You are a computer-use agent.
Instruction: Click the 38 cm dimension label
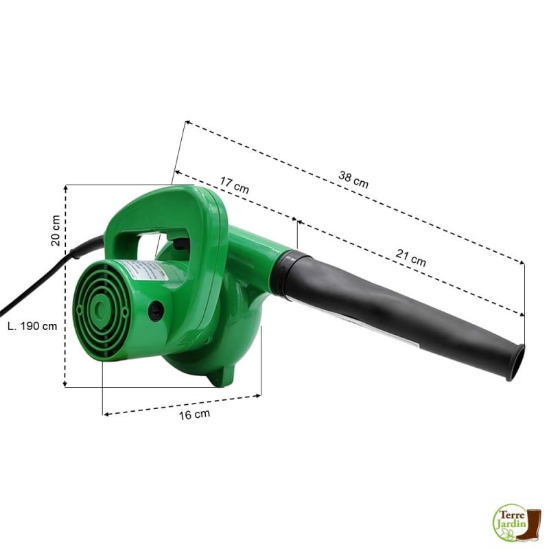(353, 179)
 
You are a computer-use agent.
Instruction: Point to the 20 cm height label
(55, 229)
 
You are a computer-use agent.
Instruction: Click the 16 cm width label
(194, 414)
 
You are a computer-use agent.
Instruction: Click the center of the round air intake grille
(102, 310)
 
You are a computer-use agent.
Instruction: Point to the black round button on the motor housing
(156, 310)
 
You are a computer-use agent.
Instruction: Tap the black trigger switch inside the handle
(181, 242)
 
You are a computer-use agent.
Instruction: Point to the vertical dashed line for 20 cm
(65, 288)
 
